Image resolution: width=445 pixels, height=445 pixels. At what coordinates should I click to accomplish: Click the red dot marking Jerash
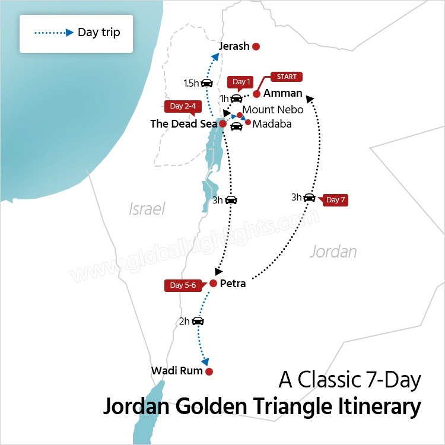tap(256, 46)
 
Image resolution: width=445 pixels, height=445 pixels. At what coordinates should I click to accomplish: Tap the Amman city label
tap(282, 93)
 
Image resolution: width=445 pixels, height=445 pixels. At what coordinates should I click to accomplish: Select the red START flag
tap(287, 77)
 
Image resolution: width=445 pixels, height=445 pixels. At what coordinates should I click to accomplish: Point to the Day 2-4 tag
tap(183, 106)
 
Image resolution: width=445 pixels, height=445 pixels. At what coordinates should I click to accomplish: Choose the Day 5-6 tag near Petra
tap(183, 285)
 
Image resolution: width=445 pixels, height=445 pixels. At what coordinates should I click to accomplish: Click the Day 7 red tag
tap(335, 200)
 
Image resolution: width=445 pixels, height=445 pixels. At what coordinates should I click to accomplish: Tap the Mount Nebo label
tap(273, 110)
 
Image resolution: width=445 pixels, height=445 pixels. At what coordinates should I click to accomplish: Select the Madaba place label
tap(272, 124)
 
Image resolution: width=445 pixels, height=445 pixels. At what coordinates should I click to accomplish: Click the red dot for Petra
tap(213, 283)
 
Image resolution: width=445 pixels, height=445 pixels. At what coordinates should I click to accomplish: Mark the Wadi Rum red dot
tap(209, 371)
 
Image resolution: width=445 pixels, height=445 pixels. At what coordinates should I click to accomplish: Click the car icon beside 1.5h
tap(206, 83)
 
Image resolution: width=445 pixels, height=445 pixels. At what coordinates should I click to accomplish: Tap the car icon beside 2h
tap(198, 321)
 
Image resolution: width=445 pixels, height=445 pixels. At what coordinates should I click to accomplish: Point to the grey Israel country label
tap(147, 209)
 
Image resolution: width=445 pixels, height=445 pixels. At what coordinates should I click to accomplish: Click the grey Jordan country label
tap(333, 252)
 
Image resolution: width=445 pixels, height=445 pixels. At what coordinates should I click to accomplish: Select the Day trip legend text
tap(98, 32)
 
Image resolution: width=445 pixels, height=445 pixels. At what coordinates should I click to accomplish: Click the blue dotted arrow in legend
tap(52, 32)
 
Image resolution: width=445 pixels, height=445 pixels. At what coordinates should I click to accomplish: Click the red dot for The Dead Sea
tap(223, 123)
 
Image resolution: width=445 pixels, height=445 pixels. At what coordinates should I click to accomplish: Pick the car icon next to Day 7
tap(309, 198)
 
